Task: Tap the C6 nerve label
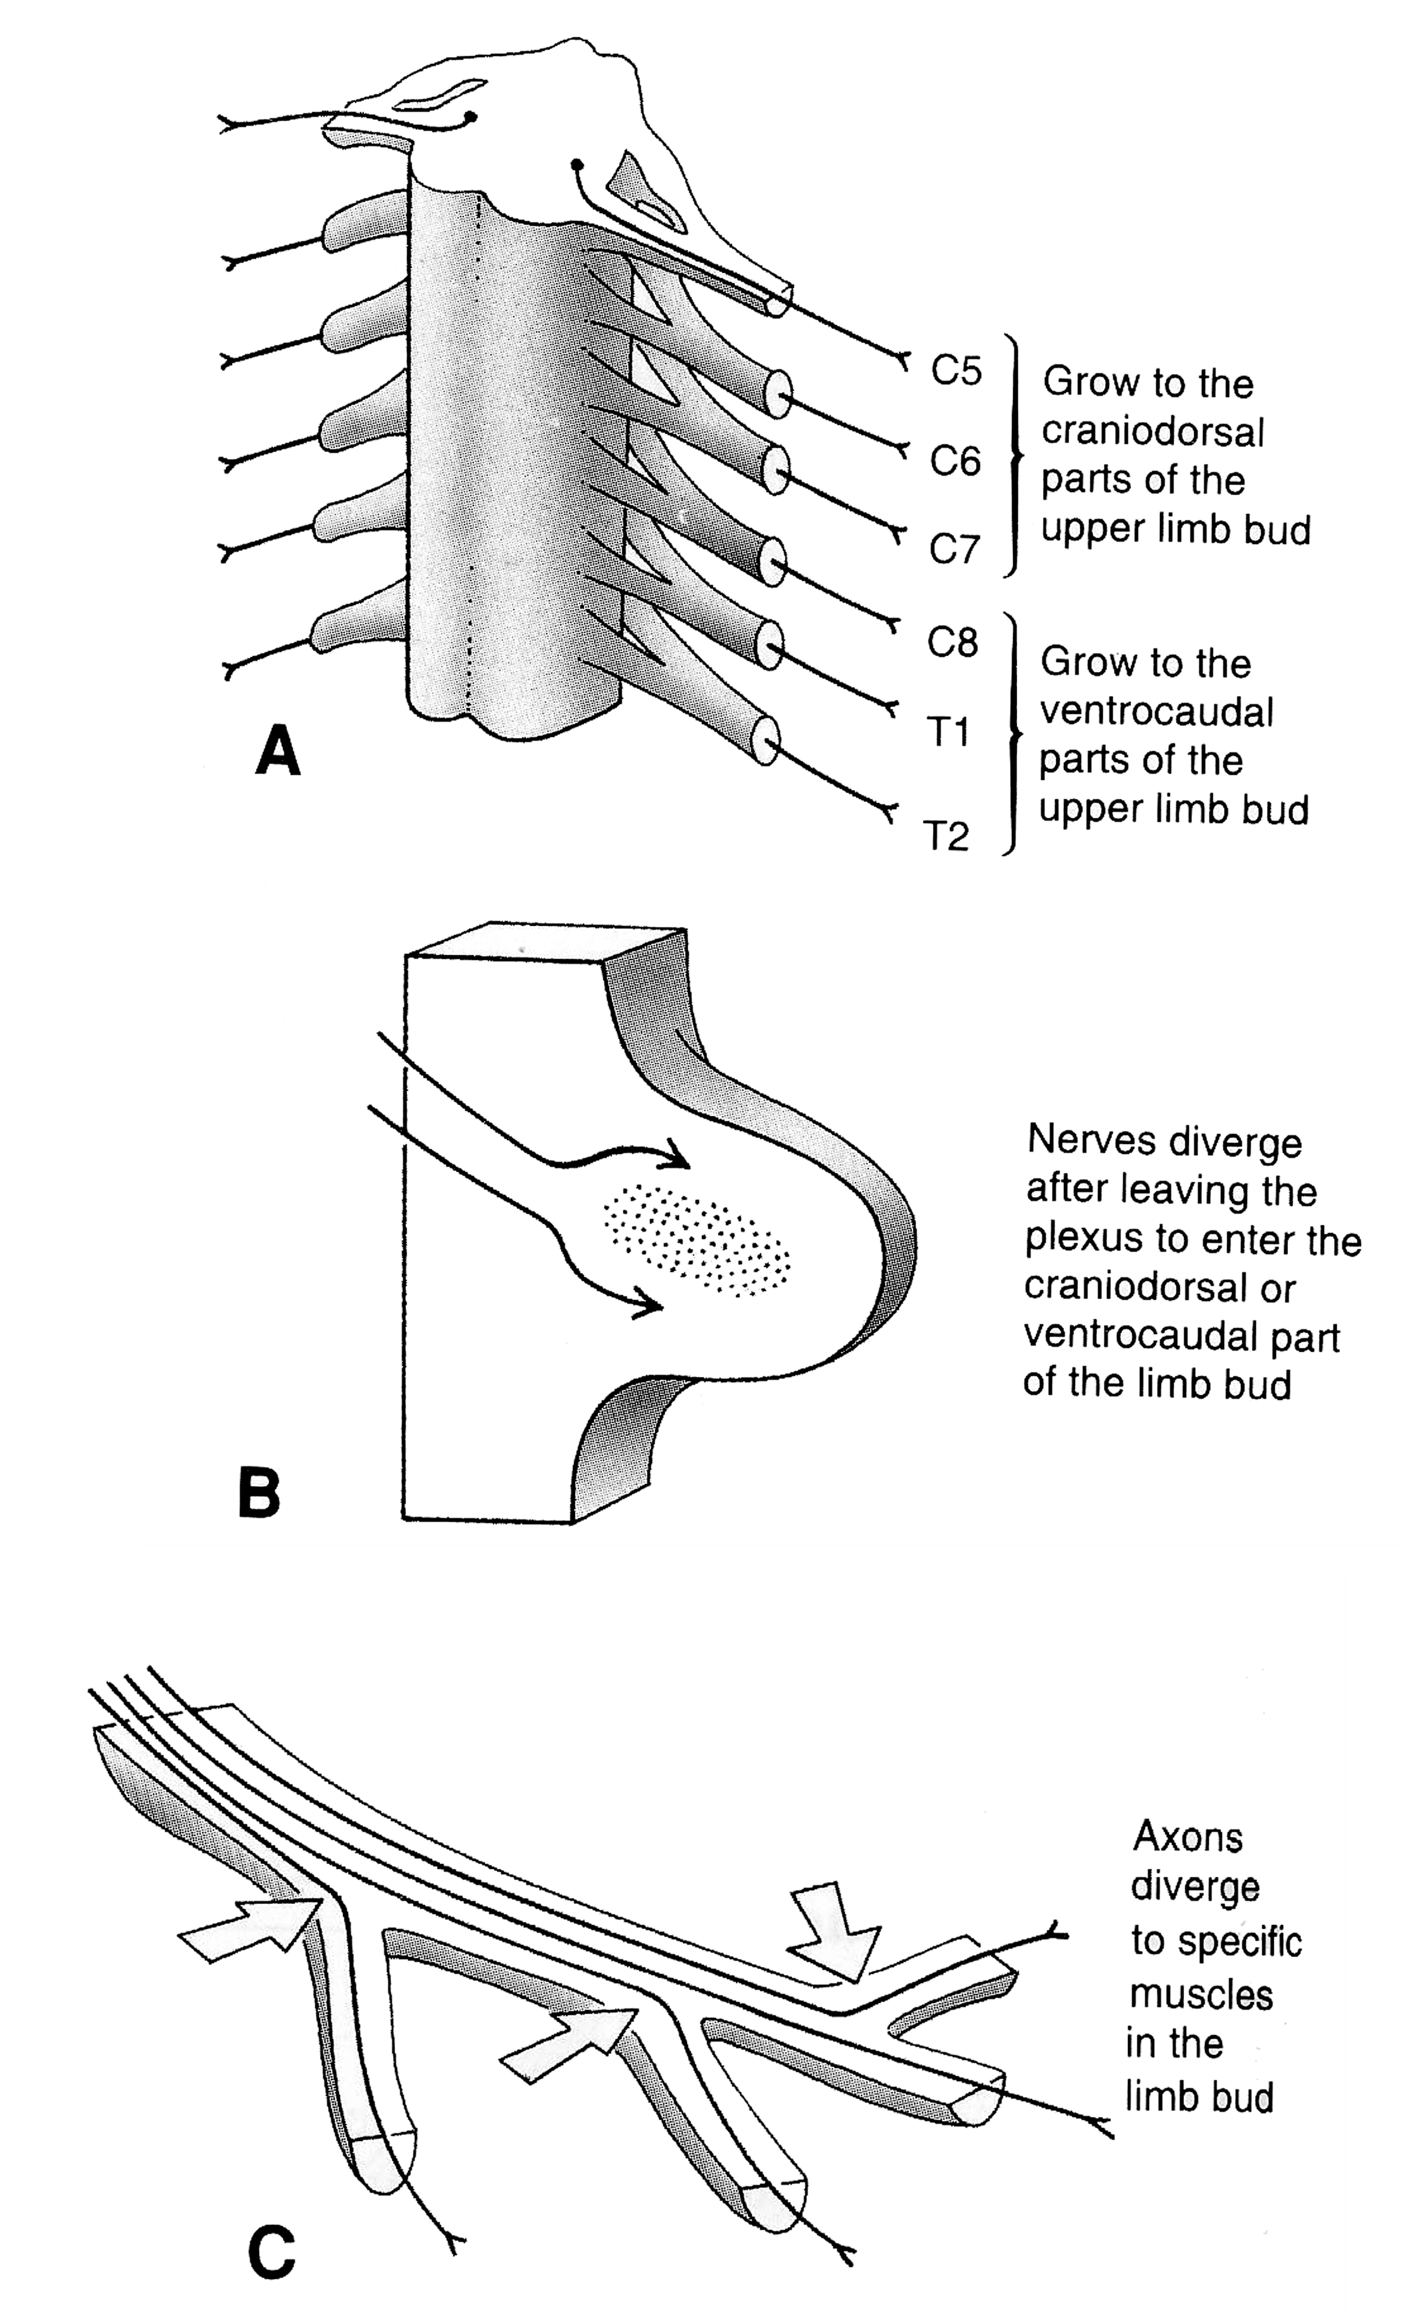(955, 461)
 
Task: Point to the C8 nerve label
(952, 642)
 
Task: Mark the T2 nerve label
(946, 836)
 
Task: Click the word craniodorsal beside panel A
(1153, 432)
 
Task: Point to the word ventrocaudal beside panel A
(1156, 712)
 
